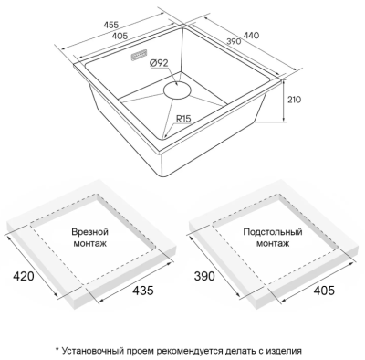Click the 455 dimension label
pyautogui.click(x=111, y=26)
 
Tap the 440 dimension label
pyautogui.click(x=251, y=36)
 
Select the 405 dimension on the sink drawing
pyautogui.click(x=120, y=37)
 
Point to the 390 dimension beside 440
pyautogui.click(x=234, y=41)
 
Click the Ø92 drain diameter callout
pyautogui.click(x=159, y=63)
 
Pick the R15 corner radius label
pyautogui.click(x=183, y=119)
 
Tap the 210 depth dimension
pyautogui.click(x=294, y=100)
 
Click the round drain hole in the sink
pyautogui.click(x=178, y=90)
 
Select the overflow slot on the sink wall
pyautogui.click(x=140, y=55)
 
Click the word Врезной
pyautogui.click(x=90, y=232)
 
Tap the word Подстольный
pyautogui.click(x=273, y=232)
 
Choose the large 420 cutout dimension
pyautogui.click(x=24, y=276)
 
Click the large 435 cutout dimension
pyautogui.click(x=143, y=291)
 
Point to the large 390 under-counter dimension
pyautogui.click(x=204, y=276)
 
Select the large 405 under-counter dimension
pyautogui.click(x=324, y=291)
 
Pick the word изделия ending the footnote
pyautogui.click(x=285, y=351)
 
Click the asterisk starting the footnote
pyautogui.click(x=57, y=349)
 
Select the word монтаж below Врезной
pyautogui.click(x=90, y=244)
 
